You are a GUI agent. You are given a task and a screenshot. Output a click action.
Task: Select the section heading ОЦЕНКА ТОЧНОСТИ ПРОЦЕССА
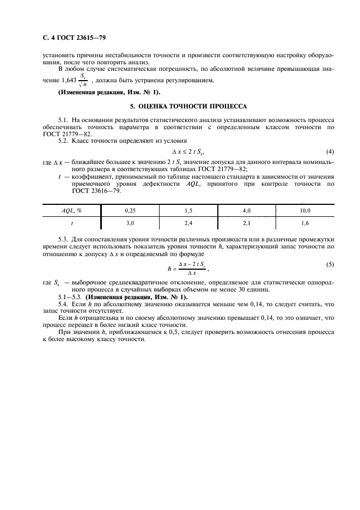coord(180,106)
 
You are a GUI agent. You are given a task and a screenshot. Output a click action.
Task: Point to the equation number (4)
coord(330,151)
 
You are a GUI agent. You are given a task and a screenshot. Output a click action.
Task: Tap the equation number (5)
coord(330,264)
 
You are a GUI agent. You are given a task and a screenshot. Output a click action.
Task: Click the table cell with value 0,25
coord(130,210)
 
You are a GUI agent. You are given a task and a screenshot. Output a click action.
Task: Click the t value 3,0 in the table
coord(130,223)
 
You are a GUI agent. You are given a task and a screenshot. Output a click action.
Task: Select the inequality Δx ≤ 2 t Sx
coord(187,151)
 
